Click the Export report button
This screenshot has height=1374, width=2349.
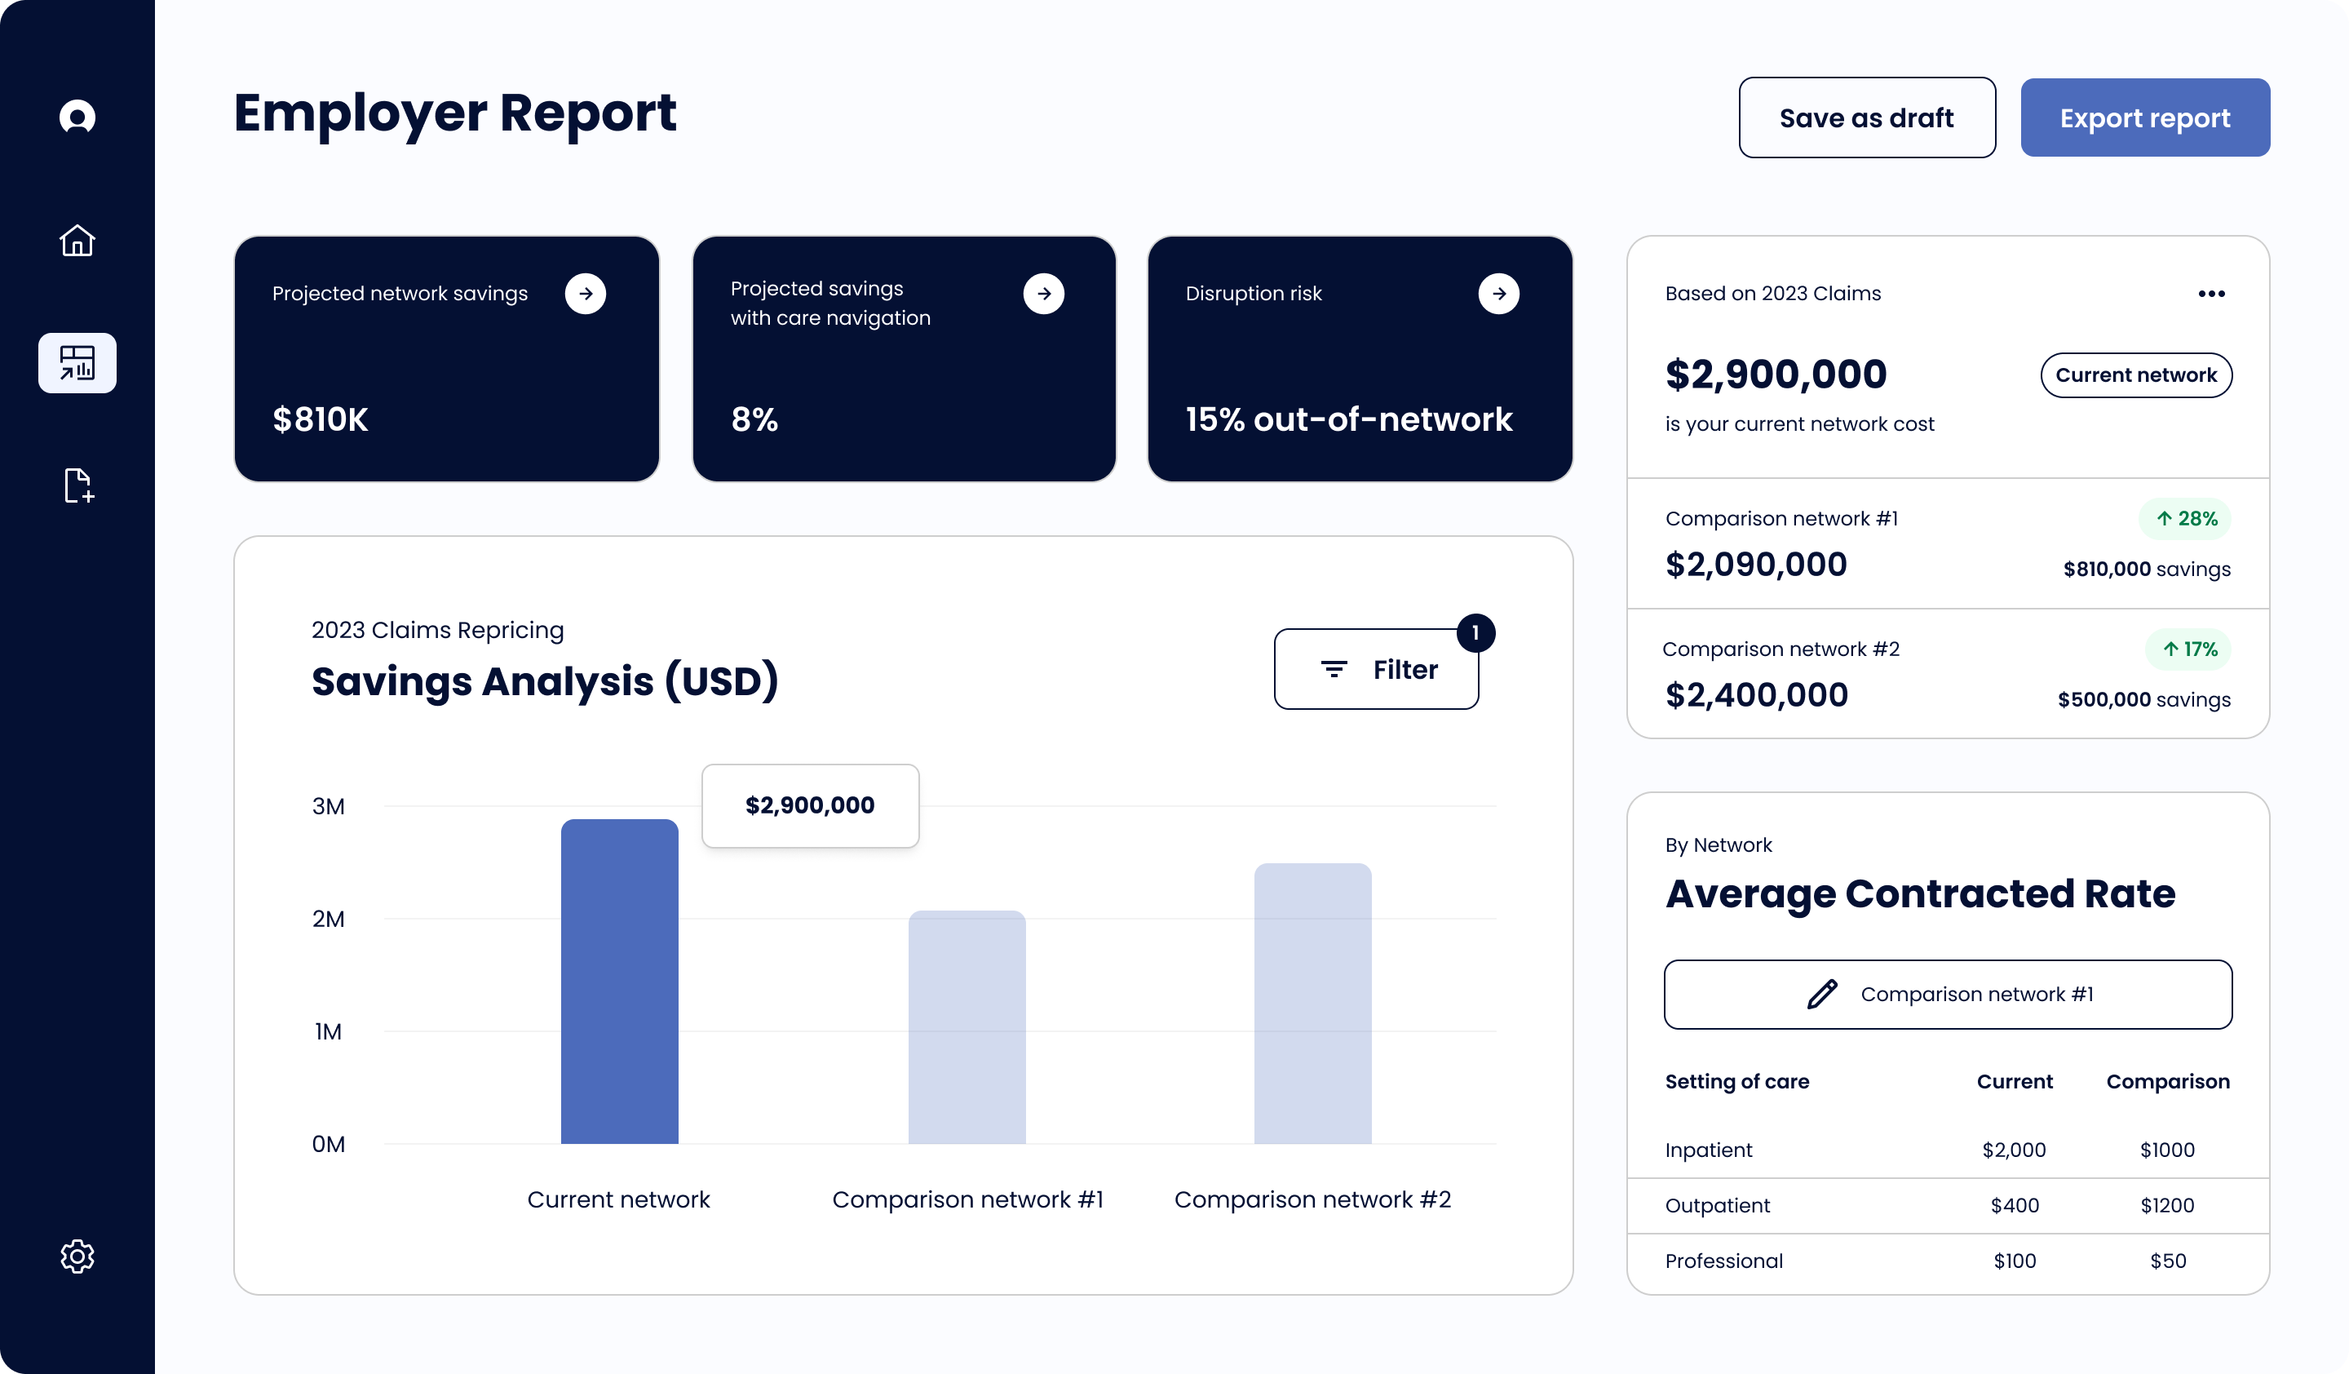click(2144, 118)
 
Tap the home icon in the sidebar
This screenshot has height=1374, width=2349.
click(77, 241)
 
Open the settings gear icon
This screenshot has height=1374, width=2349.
click(77, 1256)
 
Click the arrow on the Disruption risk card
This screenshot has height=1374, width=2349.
click(1498, 294)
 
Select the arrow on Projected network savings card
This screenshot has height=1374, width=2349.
click(586, 294)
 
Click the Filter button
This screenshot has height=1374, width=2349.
click(1376, 669)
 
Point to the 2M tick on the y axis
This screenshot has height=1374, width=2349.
click(328, 919)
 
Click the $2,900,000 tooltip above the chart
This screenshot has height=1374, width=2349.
click(810, 805)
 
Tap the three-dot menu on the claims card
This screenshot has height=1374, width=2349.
click(2211, 294)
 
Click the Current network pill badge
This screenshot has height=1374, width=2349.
click(2135, 375)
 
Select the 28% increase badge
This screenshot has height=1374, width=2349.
click(2185, 518)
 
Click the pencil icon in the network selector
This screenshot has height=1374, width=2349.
click(1822, 994)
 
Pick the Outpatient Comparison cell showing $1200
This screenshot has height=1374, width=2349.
click(2167, 1205)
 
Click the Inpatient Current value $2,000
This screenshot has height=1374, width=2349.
click(2014, 1150)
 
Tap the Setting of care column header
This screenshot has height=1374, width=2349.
click(1736, 1081)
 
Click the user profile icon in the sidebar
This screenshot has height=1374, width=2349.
click(77, 117)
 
